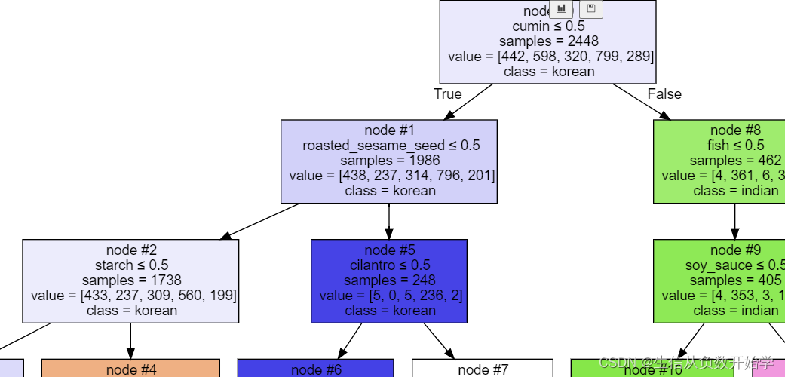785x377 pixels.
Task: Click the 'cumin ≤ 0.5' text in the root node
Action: pos(548,26)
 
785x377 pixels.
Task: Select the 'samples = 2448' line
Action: pos(548,41)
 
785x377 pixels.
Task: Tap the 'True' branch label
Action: pos(447,94)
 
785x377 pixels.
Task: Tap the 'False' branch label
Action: pos(664,94)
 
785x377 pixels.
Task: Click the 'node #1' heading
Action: pos(389,130)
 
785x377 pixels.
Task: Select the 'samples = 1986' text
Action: pos(390,161)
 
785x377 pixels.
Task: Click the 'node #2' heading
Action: pos(131,250)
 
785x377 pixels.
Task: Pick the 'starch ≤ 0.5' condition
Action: pos(131,265)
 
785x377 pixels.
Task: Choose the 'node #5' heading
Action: pos(390,250)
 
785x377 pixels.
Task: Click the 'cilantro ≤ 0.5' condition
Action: pos(390,265)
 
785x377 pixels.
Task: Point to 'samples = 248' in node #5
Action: pos(390,280)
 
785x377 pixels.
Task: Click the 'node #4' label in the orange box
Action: pos(131,369)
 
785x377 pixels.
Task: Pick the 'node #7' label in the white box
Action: pos(483,369)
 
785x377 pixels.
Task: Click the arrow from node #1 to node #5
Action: pos(389,222)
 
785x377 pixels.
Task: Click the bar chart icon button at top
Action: pos(561,8)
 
